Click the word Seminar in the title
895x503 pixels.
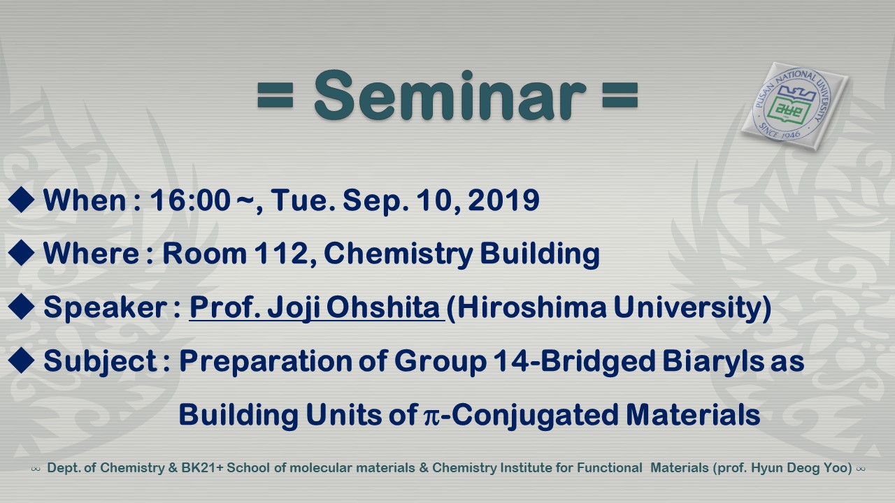point(450,95)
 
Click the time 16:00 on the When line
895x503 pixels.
point(190,200)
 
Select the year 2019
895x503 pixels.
point(504,200)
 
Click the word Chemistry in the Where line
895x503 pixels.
point(399,254)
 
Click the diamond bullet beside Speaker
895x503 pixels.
point(21,307)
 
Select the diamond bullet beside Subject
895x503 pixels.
point(21,360)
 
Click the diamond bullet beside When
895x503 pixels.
point(21,199)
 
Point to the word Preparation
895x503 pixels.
point(265,362)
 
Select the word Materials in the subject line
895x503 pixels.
point(693,414)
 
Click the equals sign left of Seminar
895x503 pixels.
point(275,95)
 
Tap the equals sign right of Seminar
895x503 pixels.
point(620,95)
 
